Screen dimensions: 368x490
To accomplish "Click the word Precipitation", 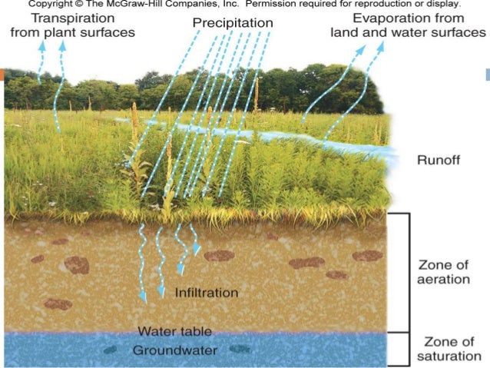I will point(232,23).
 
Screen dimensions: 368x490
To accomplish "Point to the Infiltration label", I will point(207,293).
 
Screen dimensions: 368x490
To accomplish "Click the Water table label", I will point(174,332).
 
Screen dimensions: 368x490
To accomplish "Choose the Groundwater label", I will point(174,350).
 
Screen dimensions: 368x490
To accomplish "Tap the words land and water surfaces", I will point(408,32).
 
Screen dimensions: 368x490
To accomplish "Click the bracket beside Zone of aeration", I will point(408,272).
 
